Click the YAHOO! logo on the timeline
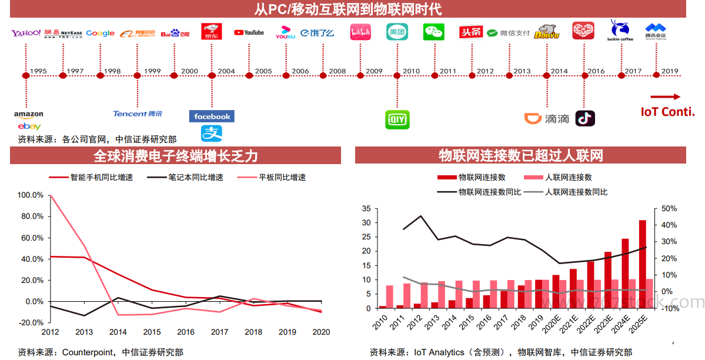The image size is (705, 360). coord(26,33)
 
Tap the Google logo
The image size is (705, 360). coord(100,33)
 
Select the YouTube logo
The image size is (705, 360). coord(249,33)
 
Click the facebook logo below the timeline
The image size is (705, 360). coord(212,116)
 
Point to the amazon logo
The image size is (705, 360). coord(29,114)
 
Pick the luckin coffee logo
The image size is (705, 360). coord(620,31)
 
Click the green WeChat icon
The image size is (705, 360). coord(433,32)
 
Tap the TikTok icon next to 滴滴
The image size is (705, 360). coord(585,118)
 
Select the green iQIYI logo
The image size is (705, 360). coord(397,119)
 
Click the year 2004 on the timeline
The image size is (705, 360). coord(226,71)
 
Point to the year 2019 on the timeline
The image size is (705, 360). coord(670,71)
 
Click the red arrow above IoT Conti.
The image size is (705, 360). coord(665,96)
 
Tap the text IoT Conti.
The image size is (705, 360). coord(667,112)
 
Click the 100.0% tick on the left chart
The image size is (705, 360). coord(31,195)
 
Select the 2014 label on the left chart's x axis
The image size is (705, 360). coord(118,332)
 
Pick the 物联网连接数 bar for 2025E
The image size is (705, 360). coord(643,264)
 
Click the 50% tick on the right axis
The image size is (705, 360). coord(669,208)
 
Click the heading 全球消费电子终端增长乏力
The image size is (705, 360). coord(176,155)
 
